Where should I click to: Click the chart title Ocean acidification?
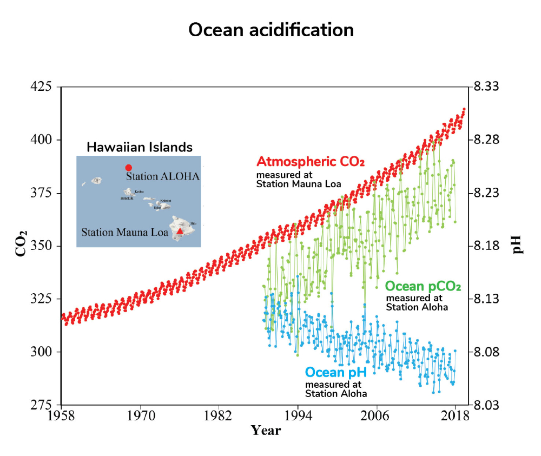[x=270, y=30]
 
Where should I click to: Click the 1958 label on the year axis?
[x=61, y=417]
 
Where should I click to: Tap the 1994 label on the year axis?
[x=298, y=417]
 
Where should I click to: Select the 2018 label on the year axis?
[x=455, y=417]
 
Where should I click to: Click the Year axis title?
[x=266, y=431]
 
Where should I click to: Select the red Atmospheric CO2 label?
[x=310, y=162]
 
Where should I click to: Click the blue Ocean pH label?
[x=336, y=372]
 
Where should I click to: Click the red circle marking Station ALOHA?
[x=128, y=168]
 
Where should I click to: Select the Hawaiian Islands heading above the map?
[x=140, y=147]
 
